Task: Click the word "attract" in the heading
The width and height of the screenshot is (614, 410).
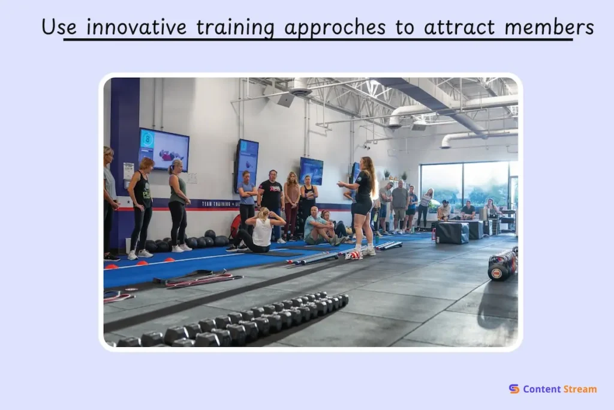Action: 459,27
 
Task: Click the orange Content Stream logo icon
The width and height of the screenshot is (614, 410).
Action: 514,389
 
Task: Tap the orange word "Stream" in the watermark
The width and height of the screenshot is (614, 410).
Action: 580,389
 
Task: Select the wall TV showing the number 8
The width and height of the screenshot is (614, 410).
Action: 164,149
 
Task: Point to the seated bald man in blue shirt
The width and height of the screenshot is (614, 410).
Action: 317,227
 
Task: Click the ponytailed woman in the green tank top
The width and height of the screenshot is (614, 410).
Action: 178,204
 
